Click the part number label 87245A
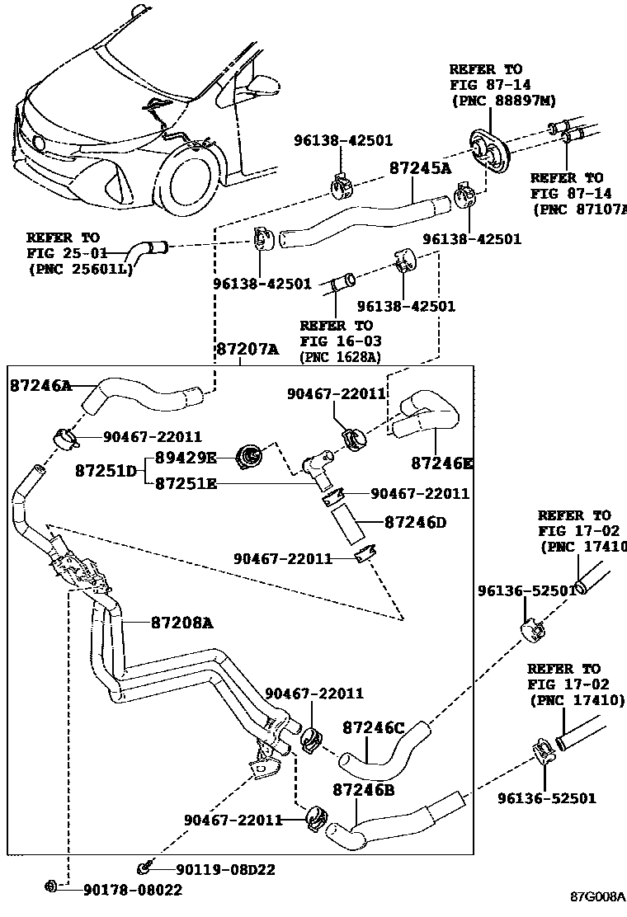point(421,168)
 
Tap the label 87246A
point(40,384)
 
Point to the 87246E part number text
point(442,463)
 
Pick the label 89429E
point(186,457)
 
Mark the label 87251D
point(106,471)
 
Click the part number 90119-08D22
point(224,869)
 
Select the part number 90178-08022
point(131,889)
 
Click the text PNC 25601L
point(80,268)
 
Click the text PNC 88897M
point(503,100)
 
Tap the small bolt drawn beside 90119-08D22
point(145,868)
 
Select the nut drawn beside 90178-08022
point(49,887)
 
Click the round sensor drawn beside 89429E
point(248,454)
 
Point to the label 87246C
point(374,728)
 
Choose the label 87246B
point(364,790)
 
